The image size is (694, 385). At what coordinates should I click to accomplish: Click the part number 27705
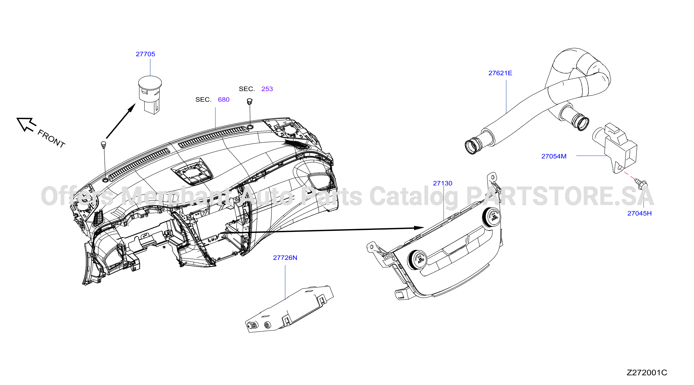click(x=145, y=54)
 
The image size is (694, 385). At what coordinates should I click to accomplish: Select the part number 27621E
click(x=500, y=73)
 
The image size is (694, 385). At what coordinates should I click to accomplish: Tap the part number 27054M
click(x=554, y=156)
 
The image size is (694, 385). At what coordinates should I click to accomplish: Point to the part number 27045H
click(x=639, y=213)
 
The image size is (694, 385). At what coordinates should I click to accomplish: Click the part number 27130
click(x=442, y=183)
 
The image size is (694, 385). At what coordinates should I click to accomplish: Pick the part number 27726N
click(x=285, y=258)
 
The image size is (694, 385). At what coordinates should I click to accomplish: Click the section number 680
click(x=224, y=100)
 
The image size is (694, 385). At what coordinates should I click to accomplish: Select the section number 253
click(x=267, y=89)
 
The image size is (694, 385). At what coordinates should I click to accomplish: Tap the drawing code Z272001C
click(x=647, y=373)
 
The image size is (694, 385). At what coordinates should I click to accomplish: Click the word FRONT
click(x=51, y=139)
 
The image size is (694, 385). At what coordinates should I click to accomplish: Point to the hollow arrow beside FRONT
click(x=26, y=124)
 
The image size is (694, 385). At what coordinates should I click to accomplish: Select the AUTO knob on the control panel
click(x=418, y=259)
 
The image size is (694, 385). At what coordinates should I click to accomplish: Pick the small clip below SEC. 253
click(x=250, y=102)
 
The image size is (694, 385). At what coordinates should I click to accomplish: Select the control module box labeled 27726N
click(x=289, y=309)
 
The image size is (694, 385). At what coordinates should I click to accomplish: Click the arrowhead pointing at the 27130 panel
click(x=419, y=228)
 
